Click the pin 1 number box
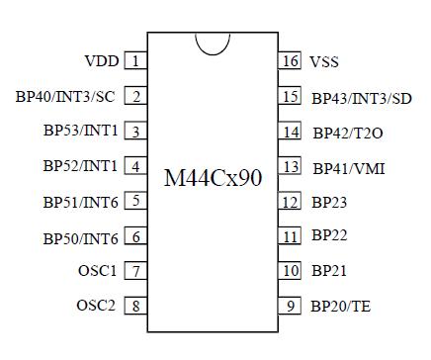135,61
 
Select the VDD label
102,61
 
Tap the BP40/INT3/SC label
66,97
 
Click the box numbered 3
135,132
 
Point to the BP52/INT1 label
80,166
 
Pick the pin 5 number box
135,202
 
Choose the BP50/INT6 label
80,237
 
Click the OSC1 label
97,270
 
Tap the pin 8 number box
135,305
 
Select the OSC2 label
97,305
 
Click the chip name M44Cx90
213,179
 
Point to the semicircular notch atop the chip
213,43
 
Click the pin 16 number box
290,61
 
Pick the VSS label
324,62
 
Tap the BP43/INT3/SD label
361,98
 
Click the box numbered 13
290,167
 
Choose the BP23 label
329,203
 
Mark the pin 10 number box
290,270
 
